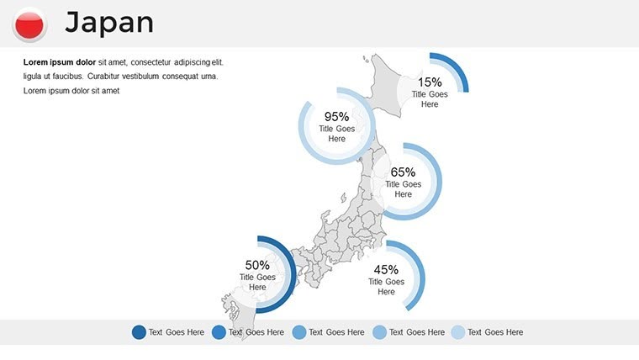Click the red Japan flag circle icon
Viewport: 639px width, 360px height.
pyautogui.click(x=30, y=24)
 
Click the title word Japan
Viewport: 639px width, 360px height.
pyautogui.click(x=109, y=23)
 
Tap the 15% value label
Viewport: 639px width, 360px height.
pyautogui.click(x=430, y=82)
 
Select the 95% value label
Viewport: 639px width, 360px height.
pyautogui.click(x=336, y=117)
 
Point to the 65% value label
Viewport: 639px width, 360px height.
pyautogui.click(x=404, y=172)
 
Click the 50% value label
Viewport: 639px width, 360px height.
pyautogui.click(x=256, y=265)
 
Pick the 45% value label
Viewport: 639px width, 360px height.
pyautogui.click(x=386, y=270)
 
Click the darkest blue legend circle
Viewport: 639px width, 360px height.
pyautogui.click(x=139, y=332)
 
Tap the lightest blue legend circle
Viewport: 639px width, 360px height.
pyautogui.click(x=458, y=332)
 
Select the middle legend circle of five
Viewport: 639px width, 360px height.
pyautogui.click(x=299, y=332)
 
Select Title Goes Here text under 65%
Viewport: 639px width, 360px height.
pyautogui.click(x=404, y=189)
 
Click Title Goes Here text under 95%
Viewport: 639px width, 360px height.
pyautogui.click(x=336, y=134)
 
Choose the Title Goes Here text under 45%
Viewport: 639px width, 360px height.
pyautogui.click(x=386, y=287)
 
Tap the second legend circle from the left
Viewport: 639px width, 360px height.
pyautogui.click(x=219, y=332)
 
